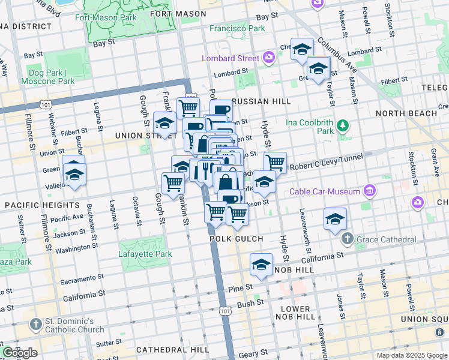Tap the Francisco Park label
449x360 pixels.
coord(237,28)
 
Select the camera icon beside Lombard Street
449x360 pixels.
coord(268,58)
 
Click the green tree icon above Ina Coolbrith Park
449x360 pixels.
coord(342,125)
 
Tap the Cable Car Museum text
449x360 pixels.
coord(324,192)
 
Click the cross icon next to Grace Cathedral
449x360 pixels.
coord(347,239)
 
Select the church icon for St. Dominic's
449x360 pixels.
coord(36,325)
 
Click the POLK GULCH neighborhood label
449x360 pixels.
coord(237,239)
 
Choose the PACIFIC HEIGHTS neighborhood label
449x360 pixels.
coord(34,205)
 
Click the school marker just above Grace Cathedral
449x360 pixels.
coord(335,220)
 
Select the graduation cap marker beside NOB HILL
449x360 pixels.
coord(261,265)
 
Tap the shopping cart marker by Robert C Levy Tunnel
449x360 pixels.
coord(275,162)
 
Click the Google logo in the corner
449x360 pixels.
coord(20,353)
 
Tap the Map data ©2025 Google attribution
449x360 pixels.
coord(412,355)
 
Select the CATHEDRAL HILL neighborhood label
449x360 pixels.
coord(163,349)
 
